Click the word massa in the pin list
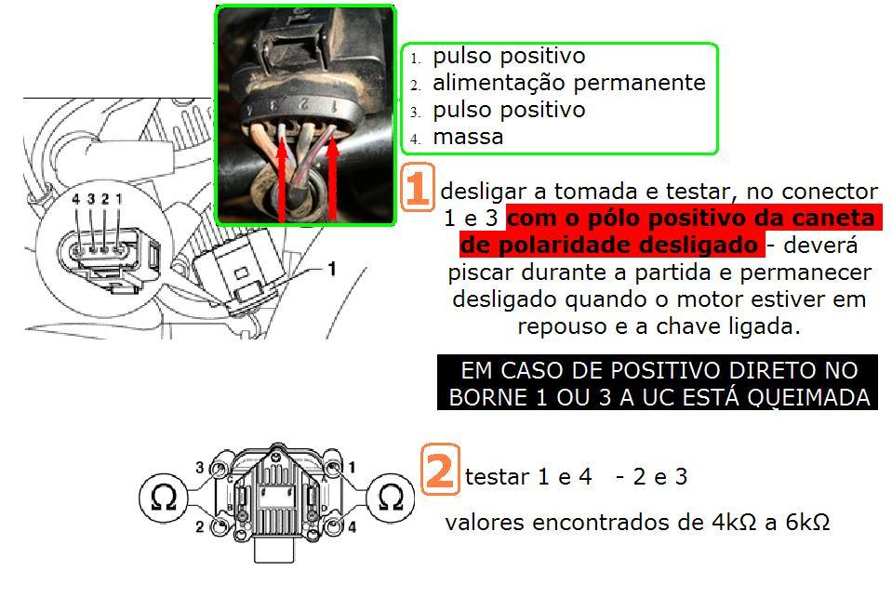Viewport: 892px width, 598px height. click(x=468, y=137)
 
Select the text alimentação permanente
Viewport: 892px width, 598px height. click(x=569, y=83)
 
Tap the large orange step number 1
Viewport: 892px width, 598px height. click(x=418, y=187)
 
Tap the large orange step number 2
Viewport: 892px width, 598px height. click(x=440, y=470)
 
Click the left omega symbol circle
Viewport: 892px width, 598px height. click(x=164, y=498)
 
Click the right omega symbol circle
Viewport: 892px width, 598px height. click(x=391, y=498)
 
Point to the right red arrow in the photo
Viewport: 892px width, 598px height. click(x=332, y=179)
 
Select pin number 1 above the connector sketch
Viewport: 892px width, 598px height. click(x=118, y=199)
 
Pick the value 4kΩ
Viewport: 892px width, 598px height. click(x=734, y=522)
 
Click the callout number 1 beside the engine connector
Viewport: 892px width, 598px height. click(x=332, y=268)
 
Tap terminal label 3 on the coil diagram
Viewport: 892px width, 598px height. click(x=200, y=468)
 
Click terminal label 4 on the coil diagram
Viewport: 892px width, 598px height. click(x=353, y=527)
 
